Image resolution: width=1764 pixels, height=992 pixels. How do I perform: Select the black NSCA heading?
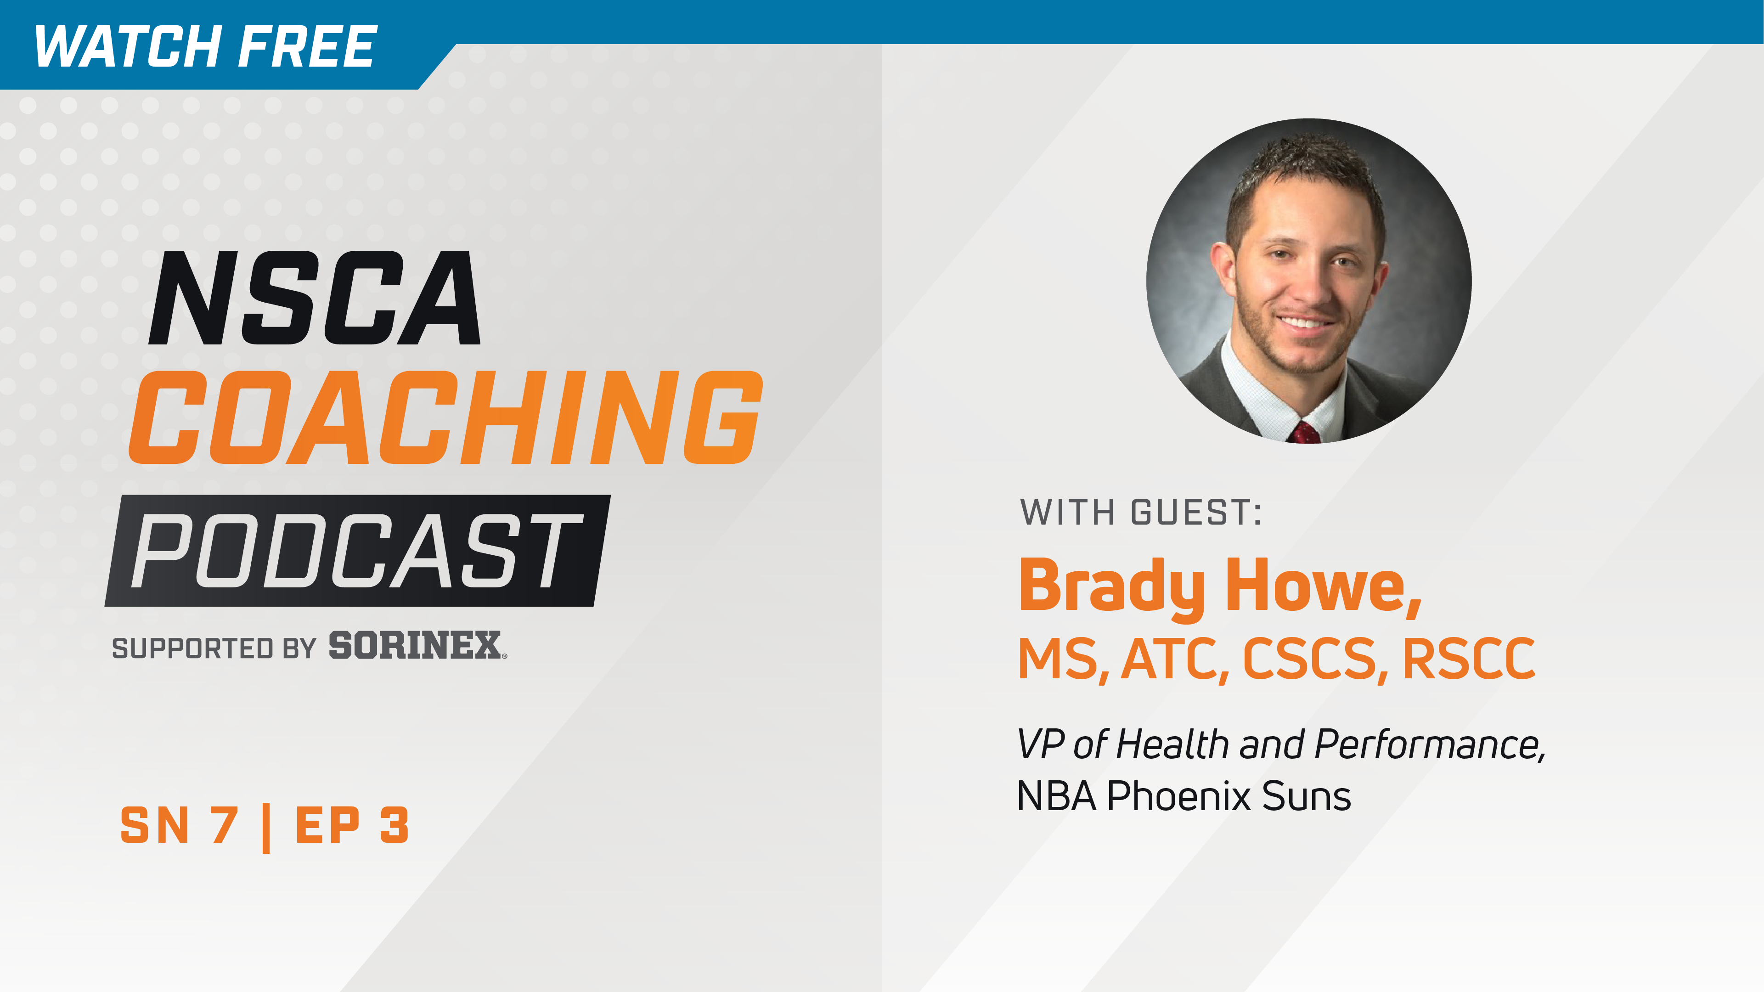point(315,299)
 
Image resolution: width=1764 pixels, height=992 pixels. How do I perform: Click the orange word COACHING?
point(445,417)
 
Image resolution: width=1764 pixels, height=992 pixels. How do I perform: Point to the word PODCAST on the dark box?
point(356,551)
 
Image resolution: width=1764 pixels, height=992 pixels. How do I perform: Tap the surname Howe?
point(1322,587)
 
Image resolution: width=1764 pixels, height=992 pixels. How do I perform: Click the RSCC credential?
point(1468,659)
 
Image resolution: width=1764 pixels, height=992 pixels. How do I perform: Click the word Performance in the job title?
point(1428,744)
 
